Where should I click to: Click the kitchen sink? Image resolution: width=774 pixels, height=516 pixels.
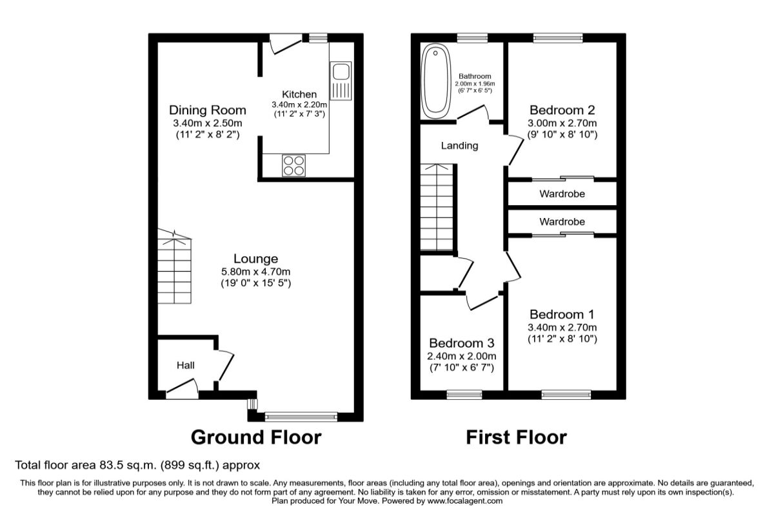pos(341,81)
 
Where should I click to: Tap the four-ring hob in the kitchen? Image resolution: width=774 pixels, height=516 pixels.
pos(293,166)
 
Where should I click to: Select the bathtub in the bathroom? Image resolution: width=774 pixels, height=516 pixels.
pos(436,81)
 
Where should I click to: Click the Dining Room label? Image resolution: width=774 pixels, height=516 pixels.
pos(208,110)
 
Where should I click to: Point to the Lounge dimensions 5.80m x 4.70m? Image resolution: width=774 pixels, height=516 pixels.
pos(255,272)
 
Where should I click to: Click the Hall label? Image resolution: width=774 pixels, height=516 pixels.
pos(186,365)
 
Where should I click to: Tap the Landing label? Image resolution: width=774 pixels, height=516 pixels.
pos(459,146)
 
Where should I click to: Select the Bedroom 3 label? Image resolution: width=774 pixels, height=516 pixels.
pos(462,343)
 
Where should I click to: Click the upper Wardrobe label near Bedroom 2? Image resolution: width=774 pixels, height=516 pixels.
pos(562,194)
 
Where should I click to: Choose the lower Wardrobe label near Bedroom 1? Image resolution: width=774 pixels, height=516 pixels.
pos(562,221)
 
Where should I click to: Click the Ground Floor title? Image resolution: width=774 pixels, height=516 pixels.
pos(256,437)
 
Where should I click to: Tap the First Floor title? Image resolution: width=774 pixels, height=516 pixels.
pos(516,437)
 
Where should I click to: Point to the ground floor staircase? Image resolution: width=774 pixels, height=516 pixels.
pos(175,266)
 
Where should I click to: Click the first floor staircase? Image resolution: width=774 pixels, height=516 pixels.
pos(437,206)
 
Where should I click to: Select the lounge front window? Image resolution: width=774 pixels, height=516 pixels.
pos(301,417)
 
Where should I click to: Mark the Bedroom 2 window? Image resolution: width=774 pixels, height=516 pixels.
pos(558,38)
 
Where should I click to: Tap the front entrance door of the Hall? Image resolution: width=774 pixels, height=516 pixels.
pos(182,390)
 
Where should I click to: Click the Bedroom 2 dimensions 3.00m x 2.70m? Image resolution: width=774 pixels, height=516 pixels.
pos(562,123)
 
